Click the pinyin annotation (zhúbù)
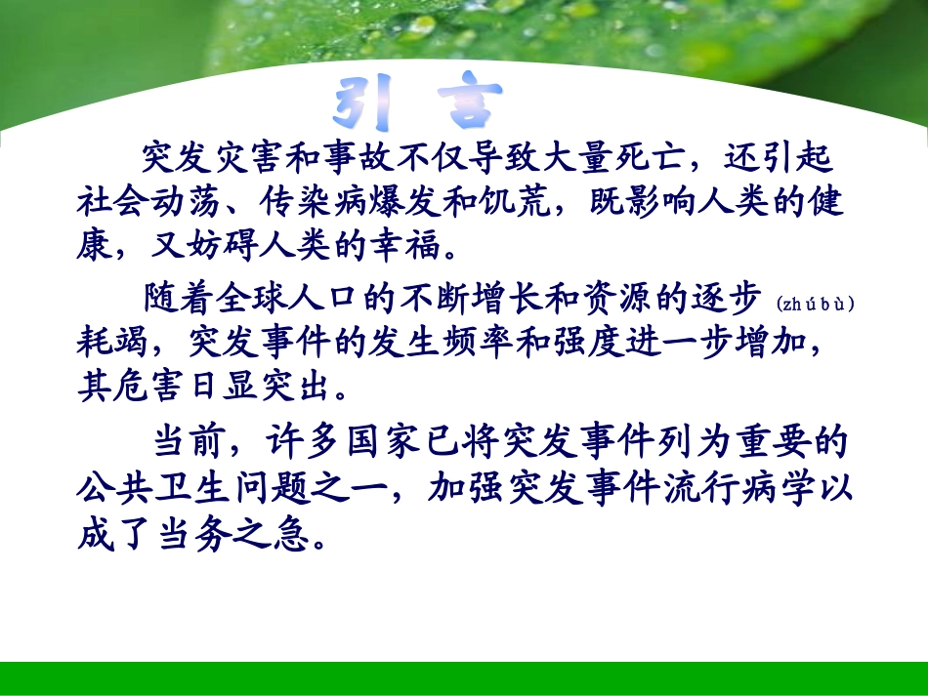tap(816, 304)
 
